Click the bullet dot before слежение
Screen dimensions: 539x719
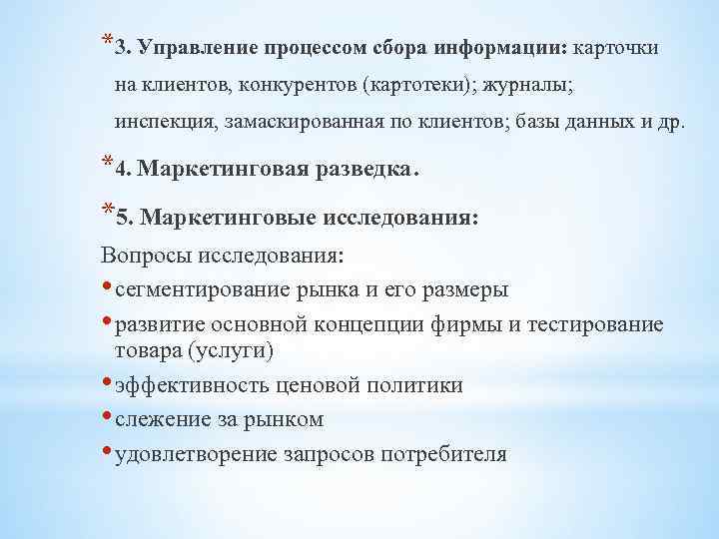click(x=108, y=418)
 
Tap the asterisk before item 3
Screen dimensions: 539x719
click(x=106, y=42)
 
